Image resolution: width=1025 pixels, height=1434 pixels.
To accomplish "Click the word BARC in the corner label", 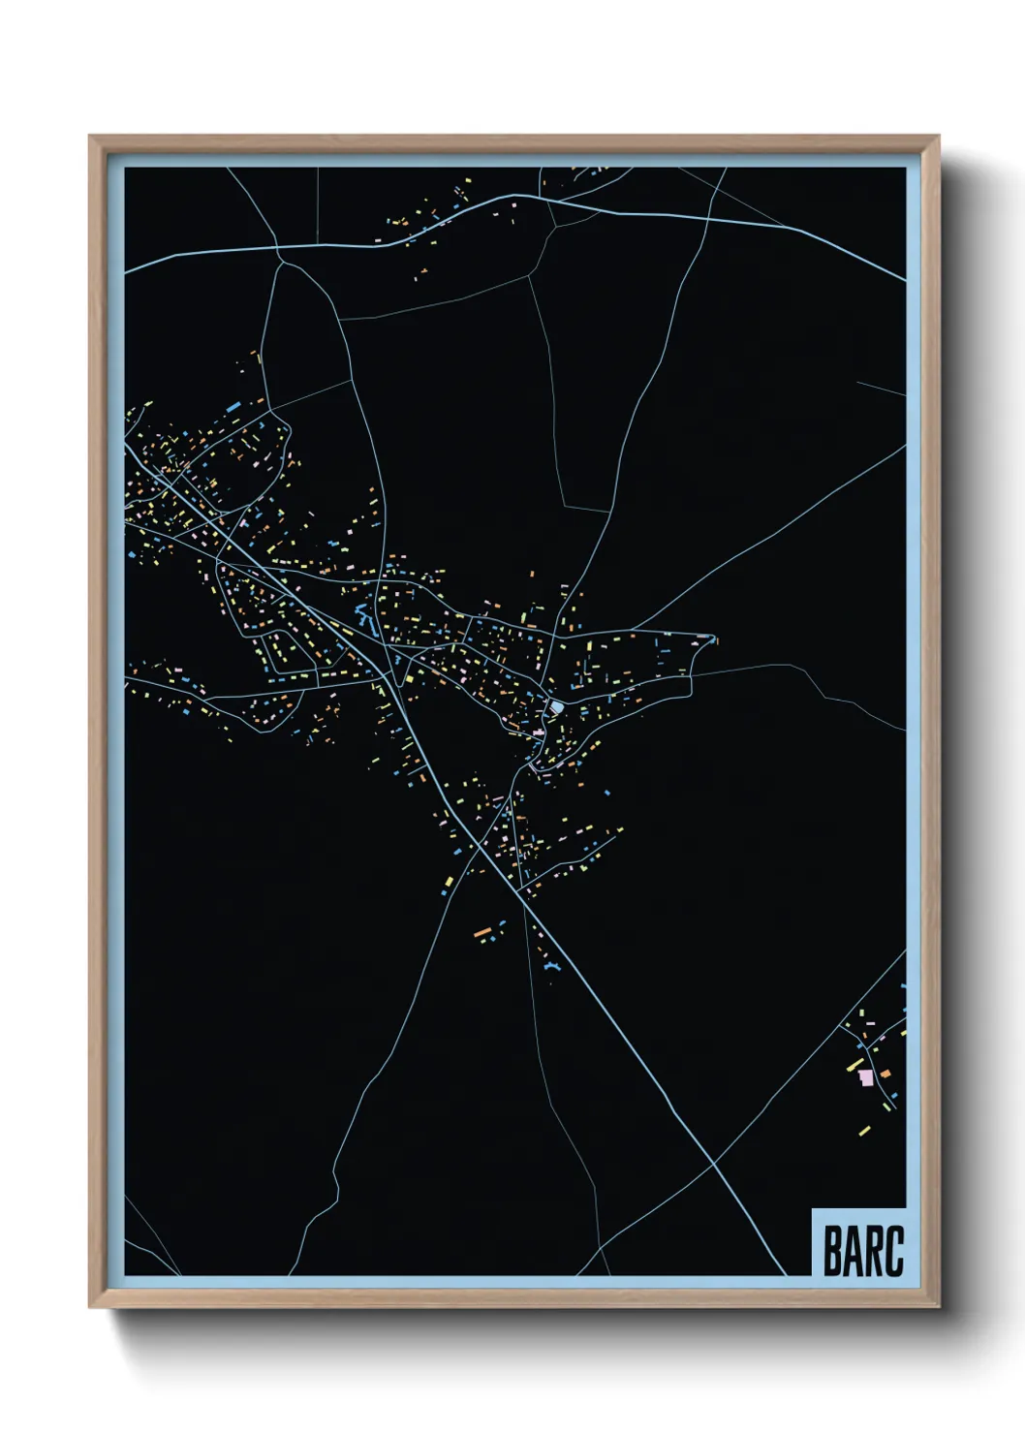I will (863, 1250).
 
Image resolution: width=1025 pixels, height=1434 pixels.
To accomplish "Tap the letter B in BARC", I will (832, 1250).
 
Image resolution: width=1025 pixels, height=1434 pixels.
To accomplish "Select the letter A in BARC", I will (853, 1250).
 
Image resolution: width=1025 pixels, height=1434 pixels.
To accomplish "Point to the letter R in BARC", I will (873, 1250).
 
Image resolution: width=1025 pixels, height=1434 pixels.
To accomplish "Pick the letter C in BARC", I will (894, 1250).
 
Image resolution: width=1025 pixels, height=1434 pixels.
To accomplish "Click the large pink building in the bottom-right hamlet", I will (865, 1076).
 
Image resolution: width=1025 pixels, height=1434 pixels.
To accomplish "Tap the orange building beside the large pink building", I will (882, 1073).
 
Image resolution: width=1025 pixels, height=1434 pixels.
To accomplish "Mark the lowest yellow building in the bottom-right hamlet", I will (863, 1130).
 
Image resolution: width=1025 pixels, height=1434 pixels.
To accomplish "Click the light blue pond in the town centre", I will (555, 707).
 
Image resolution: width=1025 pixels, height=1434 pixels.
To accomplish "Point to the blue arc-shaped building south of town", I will (551, 967).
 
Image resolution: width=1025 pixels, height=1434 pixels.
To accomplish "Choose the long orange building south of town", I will (482, 932).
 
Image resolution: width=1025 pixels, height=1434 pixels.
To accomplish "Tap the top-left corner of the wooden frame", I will (90, 137).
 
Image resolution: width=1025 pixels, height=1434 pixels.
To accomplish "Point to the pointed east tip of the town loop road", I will (715, 638).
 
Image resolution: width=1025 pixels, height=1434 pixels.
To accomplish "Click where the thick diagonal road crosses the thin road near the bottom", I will (714, 1163).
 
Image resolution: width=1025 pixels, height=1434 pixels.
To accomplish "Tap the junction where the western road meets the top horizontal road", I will (279, 250).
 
